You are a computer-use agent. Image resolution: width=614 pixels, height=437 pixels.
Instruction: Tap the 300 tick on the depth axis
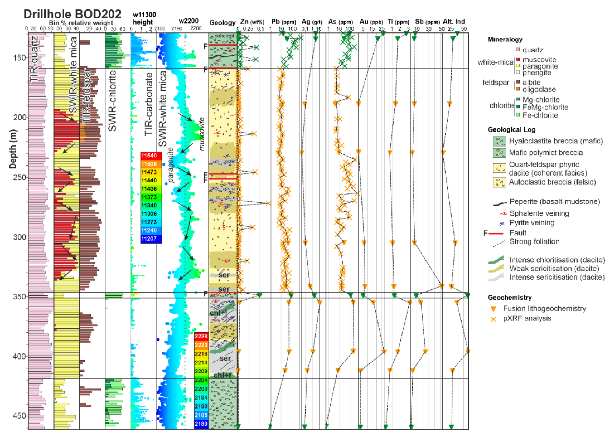[19, 237]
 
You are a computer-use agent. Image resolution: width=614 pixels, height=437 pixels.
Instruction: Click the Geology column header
[222, 23]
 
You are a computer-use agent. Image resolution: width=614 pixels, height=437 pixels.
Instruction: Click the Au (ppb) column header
[371, 22]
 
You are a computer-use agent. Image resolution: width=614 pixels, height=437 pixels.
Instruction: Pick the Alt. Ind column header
[454, 22]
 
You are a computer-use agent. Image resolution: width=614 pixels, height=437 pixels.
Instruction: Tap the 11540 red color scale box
[151, 156]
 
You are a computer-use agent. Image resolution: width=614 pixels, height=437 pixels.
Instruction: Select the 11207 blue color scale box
[151, 239]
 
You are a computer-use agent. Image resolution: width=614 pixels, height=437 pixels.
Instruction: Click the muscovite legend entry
[539, 59]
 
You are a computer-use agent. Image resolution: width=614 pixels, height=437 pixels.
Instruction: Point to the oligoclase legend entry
[539, 89]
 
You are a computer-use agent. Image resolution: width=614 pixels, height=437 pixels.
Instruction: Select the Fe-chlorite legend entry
[540, 115]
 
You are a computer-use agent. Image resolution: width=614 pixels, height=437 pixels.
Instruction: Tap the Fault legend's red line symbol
[496, 233]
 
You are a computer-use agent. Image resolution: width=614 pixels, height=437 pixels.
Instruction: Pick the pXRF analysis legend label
[527, 318]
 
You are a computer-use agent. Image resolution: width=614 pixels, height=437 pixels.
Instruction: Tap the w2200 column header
[189, 21]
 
